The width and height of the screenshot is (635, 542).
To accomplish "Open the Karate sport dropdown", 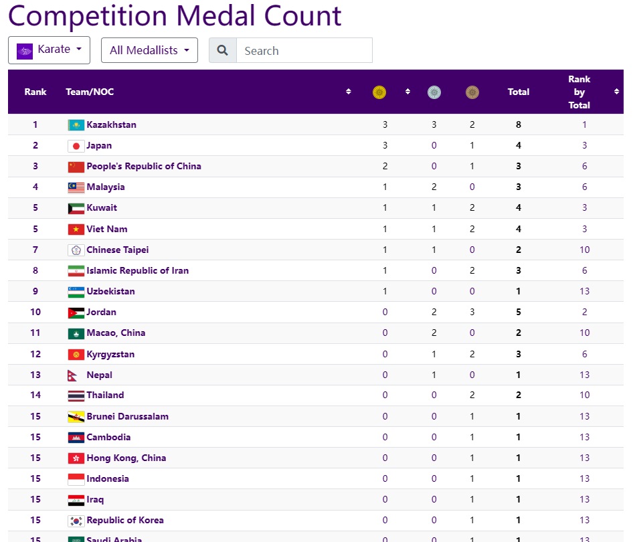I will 49,50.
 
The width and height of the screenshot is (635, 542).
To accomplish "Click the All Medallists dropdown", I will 149,50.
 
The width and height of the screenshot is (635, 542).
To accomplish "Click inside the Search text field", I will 304,51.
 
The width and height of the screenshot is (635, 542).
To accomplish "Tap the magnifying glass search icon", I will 223,51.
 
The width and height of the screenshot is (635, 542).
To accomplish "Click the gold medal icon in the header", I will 379,92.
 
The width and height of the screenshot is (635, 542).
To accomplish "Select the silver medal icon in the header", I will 434,92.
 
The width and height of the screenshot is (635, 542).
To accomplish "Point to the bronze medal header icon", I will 472,92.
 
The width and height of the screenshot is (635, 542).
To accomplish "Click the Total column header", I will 519,92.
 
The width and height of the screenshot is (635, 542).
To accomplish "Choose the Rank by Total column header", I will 579,92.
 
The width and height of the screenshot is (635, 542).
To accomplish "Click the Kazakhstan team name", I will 111,125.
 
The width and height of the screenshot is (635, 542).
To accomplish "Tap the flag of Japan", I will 76,146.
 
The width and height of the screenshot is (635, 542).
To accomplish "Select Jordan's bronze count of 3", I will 472,312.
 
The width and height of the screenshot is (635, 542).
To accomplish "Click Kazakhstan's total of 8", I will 519,125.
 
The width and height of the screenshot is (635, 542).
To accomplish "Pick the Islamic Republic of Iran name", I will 137,271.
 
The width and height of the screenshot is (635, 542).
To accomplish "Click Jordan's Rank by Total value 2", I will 584,312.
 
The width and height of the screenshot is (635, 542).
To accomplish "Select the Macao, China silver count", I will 434,333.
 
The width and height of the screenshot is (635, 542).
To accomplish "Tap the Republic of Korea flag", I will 76,521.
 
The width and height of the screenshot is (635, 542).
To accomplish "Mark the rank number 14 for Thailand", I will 35,395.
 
